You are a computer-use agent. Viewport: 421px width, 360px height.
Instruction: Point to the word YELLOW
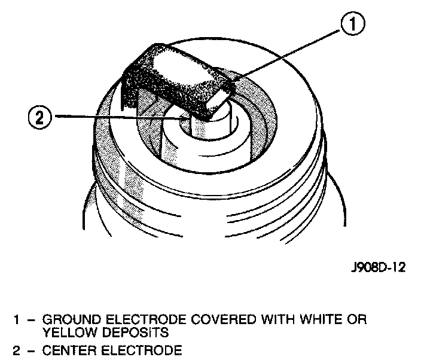pyautogui.click(x=66, y=331)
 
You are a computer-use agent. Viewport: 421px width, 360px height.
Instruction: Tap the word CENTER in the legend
pyautogui.click(x=67, y=348)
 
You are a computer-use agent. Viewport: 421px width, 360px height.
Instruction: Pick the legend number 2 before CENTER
pyautogui.click(x=18, y=348)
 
